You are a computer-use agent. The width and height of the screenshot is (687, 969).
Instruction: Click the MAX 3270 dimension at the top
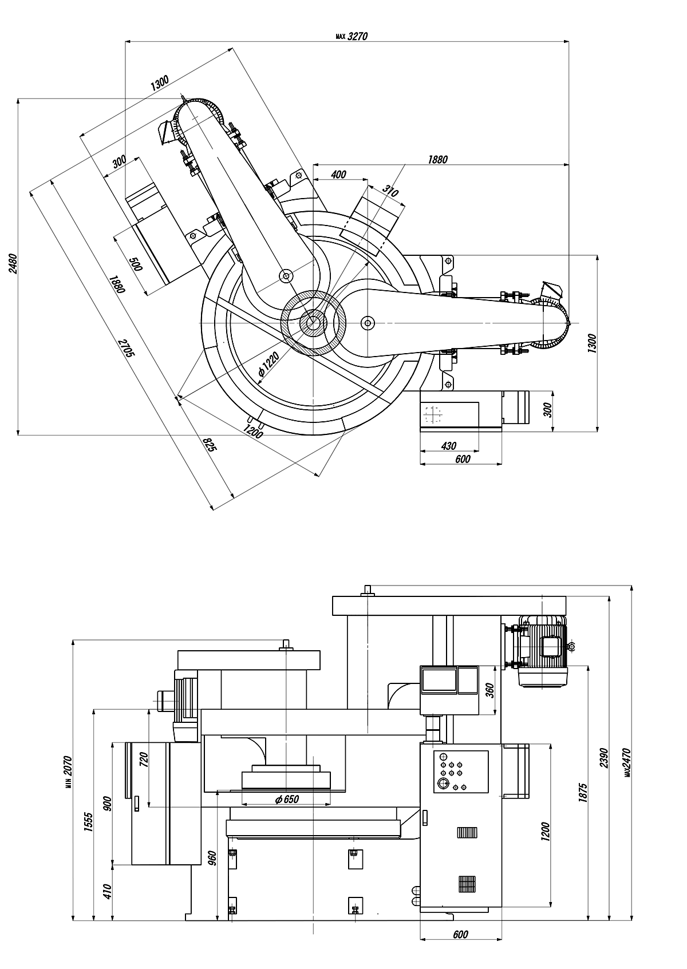point(352,36)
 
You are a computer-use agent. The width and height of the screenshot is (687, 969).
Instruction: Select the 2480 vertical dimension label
point(13,263)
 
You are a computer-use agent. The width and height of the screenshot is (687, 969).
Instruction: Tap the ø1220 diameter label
point(269,364)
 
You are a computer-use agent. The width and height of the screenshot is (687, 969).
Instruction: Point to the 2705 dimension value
point(127,348)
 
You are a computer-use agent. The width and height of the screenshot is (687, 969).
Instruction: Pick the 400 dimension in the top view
point(338,174)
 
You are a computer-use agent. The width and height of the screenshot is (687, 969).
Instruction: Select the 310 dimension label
point(390,191)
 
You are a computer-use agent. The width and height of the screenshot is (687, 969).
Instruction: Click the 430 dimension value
point(449,445)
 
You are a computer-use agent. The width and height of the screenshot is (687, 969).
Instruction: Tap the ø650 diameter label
point(287,799)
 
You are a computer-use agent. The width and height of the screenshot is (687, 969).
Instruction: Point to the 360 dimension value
point(489,690)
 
